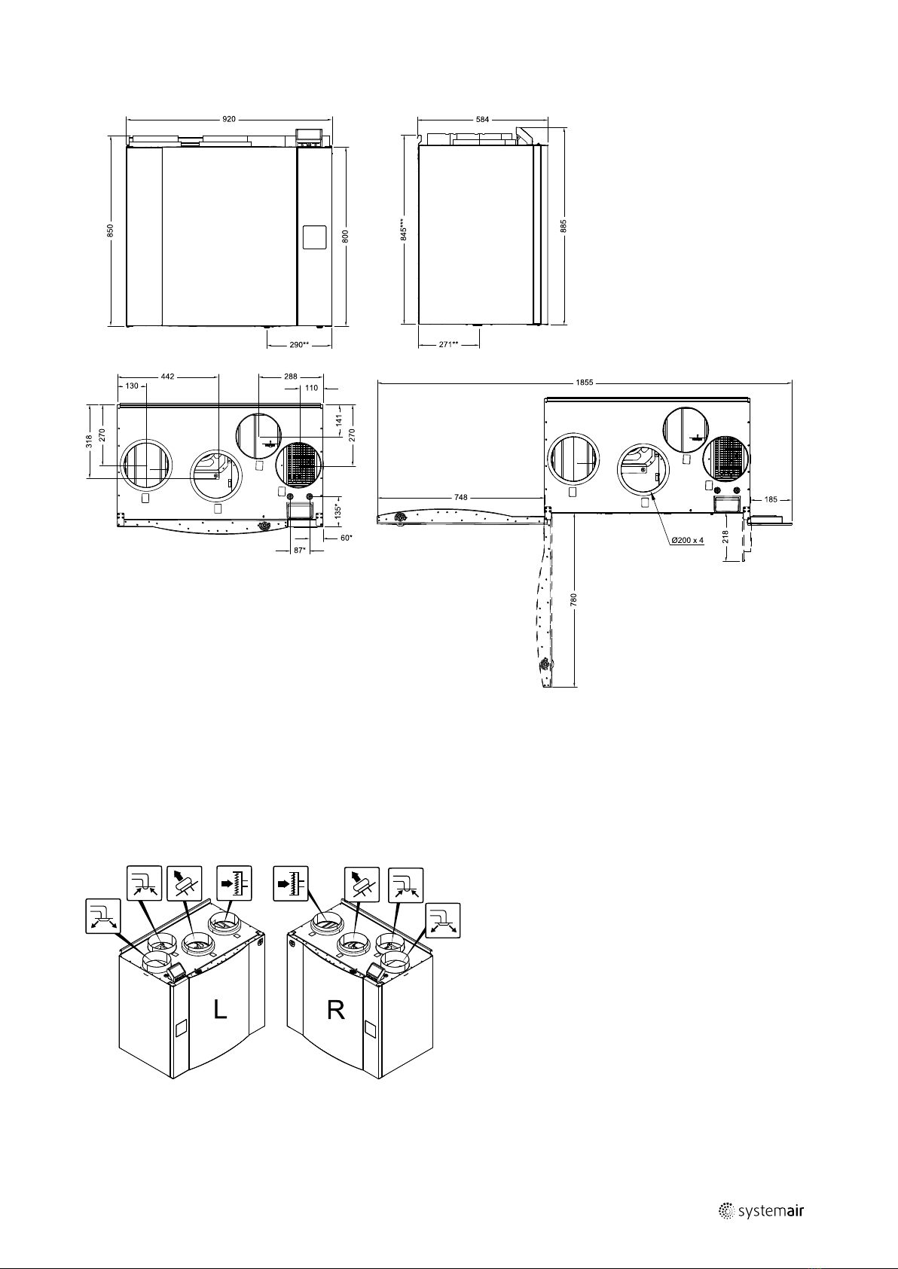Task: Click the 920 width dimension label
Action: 229,120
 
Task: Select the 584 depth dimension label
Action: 483,120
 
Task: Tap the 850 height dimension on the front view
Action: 111,230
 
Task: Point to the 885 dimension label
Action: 564,226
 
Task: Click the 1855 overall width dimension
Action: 585,383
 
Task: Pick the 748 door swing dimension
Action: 461,497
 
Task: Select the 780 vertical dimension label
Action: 573,600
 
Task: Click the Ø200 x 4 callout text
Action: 688,541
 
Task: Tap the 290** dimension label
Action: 299,344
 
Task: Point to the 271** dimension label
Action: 449,344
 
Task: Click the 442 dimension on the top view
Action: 168,376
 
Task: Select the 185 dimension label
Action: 771,499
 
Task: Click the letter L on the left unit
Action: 220,1009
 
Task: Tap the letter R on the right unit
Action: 336,1010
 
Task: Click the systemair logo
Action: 762,1211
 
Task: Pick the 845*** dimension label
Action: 403,230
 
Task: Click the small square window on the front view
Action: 314,237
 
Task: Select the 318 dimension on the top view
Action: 90,441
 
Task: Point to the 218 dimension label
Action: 725,536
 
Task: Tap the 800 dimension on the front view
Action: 346,236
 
